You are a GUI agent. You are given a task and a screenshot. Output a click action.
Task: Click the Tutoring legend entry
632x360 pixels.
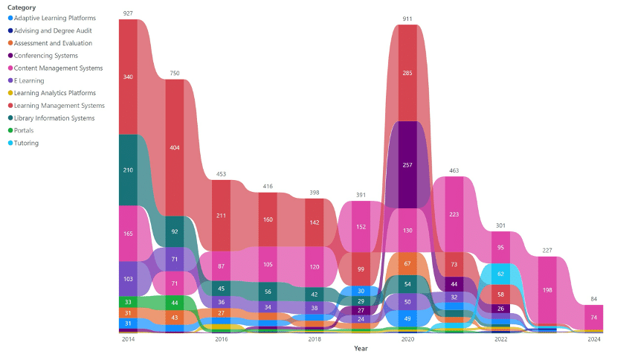click(26, 143)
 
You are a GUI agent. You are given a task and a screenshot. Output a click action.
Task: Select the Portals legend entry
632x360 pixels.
click(25, 130)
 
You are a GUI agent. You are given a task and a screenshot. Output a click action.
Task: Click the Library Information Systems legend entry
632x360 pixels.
click(54, 118)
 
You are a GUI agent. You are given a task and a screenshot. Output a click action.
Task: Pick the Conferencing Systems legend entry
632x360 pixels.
click(45, 55)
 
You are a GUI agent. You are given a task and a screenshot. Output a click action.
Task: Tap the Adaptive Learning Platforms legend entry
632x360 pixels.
click(54, 18)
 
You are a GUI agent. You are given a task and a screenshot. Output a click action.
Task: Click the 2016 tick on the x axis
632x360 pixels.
click(221, 339)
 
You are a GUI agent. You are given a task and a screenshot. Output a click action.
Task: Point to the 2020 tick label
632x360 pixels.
click(407, 339)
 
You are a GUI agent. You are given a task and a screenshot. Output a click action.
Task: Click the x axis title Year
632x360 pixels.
click(361, 348)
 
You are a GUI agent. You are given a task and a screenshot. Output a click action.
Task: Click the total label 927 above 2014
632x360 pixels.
click(128, 13)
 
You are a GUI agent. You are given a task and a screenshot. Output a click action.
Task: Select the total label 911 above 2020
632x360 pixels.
click(407, 19)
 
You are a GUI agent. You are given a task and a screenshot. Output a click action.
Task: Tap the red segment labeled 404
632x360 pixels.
click(175, 147)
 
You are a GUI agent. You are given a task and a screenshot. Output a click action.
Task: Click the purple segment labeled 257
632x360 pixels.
click(407, 164)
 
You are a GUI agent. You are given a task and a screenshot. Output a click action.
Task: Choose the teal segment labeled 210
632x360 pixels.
click(128, 170)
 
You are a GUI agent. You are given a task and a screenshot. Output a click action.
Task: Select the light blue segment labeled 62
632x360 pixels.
click(501, 274)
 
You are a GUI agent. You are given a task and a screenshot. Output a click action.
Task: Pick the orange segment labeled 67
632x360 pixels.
click(407, 263)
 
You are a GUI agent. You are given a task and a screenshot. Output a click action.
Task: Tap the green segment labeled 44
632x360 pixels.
click(175, 303)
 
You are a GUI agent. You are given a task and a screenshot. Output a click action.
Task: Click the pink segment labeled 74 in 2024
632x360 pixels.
click(594, 317)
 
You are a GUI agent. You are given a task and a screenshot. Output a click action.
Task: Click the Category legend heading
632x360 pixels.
click(22, 7)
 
